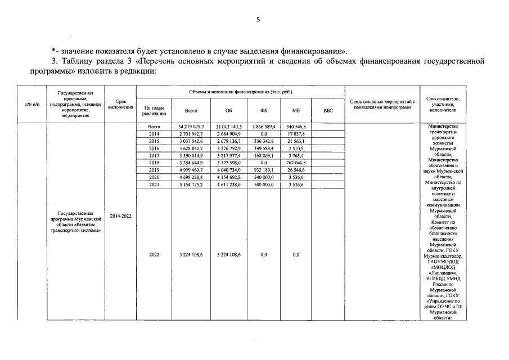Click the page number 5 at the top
258,20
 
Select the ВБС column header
328,111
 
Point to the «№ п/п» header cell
32,105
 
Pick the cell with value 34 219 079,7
191,128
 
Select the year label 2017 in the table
154,155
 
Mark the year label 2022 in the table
154,255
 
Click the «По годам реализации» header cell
154,111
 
